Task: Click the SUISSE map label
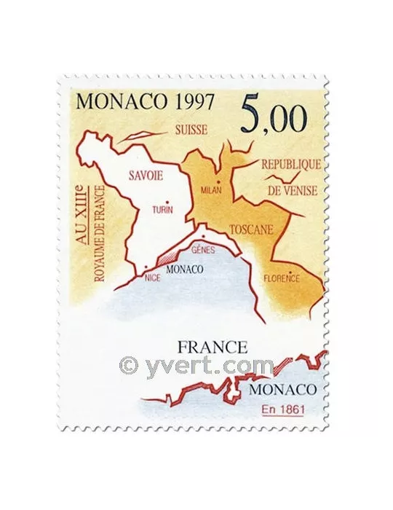click(x=190, y=130)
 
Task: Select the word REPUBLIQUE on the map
click(x=290, y=165)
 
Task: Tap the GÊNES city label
click(x=200, y=248)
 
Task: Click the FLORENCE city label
click(x=282, y=277)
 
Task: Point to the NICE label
click(x=152, y=277)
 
